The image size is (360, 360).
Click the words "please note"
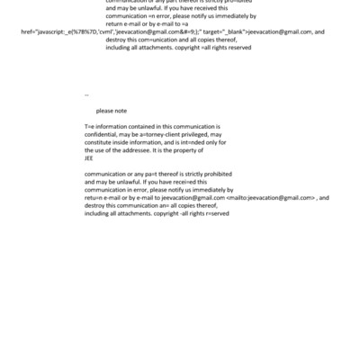point(112,111)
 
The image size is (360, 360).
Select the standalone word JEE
point(89,157)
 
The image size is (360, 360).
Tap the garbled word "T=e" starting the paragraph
point(89,127)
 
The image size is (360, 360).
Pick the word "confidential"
point(102,134)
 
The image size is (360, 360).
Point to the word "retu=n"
point(94,196)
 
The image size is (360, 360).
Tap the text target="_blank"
point(220,31)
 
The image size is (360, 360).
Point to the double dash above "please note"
point(86,94)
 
